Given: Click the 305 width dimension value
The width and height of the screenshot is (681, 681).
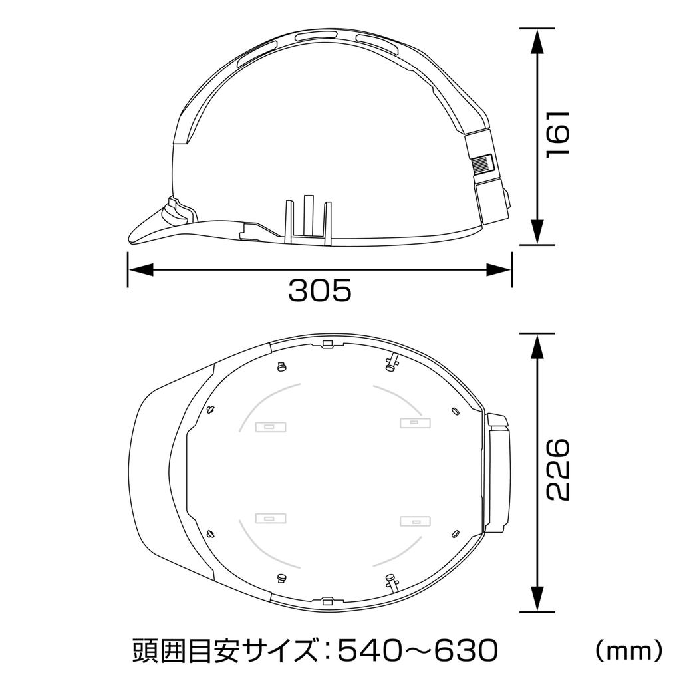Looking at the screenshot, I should (319, 291).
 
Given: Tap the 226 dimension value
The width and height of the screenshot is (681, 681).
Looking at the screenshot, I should (557, 470).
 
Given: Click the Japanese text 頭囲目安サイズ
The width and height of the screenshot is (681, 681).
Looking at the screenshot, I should (222, 648).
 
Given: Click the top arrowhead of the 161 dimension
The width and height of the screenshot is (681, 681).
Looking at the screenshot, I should (537, 41).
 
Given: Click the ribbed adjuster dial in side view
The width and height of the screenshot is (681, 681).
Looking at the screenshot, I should (483, 165).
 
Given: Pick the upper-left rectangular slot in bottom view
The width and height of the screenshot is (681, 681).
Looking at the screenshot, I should (271, 426).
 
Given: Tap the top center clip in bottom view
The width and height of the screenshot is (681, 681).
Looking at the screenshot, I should (327, 344).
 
